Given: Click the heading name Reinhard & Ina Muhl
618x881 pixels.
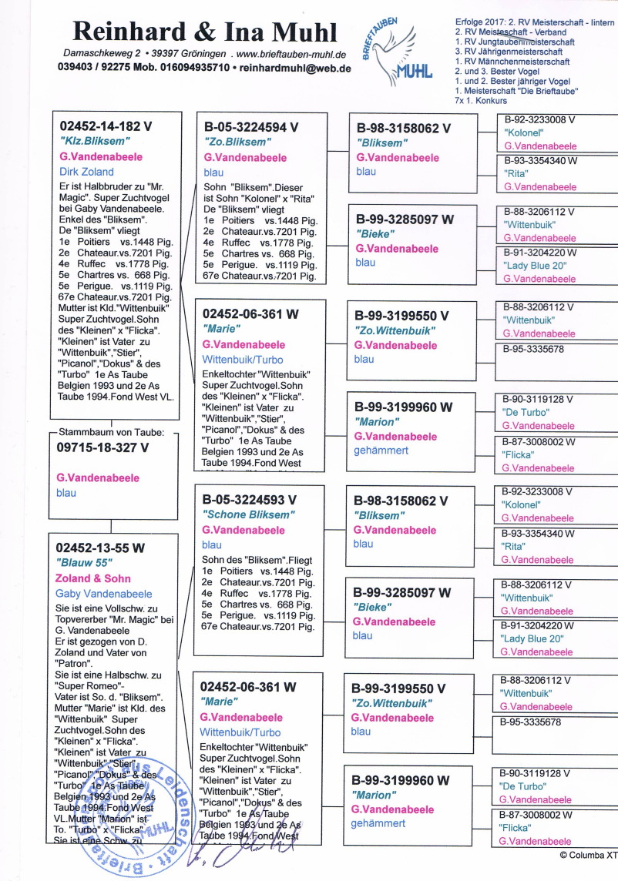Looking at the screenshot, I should tap(205, 32).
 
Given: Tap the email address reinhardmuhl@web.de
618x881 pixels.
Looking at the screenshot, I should tap(296, 68).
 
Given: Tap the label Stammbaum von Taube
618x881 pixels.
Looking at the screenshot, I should tap(109, 431).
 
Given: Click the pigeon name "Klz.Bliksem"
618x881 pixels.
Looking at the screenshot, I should tap(95, 142).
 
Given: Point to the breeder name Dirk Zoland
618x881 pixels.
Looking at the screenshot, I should tap(86, 172).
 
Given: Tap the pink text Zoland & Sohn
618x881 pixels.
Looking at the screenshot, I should tap(93, 578).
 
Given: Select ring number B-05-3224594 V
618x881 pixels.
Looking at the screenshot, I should tap(251, 126).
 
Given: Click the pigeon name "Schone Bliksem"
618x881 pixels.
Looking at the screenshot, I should tap(248, 514).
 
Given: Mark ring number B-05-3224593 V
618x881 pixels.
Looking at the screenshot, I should tap(250, 499).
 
